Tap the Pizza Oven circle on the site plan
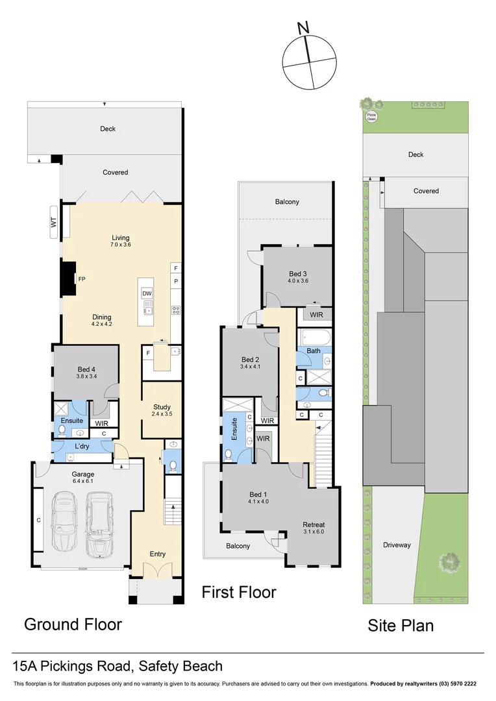click(371, 117)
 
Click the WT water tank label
click(54, 223)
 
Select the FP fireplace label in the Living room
click(82, 279)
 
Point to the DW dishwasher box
click(147, 294)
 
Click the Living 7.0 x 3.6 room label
click(121, 241)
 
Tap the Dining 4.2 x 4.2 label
click(102, 320)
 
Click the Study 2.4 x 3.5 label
click(162, 410)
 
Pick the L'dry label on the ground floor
click(82, 448)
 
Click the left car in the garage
click(66, 523)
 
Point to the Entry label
click(157, 554)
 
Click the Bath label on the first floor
click(314, 351)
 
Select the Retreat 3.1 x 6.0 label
click(314, 528)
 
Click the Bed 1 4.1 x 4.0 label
click(258, 497)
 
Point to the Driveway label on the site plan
click(396, 545)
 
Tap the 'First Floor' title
click(238, 592)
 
